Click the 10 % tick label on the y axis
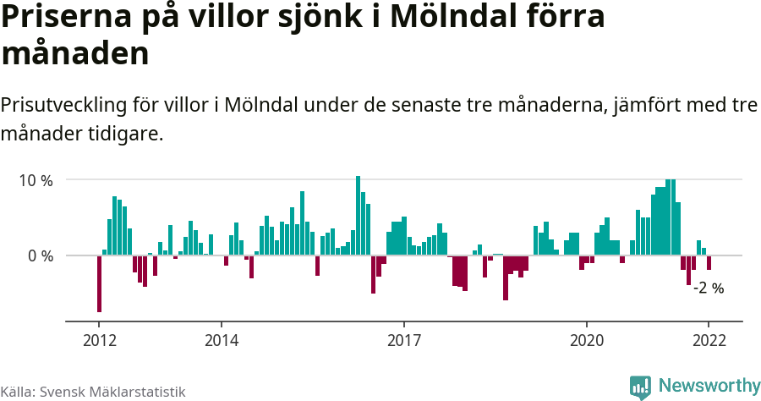coord(36,180)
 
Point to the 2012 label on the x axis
coord(99,340)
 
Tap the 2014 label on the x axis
coord(221,340)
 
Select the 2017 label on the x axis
coord(404,340)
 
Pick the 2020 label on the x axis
coord(587,340)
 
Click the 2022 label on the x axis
coord(709,340)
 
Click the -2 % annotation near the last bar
coord(709,288)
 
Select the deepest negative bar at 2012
coord(99,283)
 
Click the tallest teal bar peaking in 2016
coord(359,216)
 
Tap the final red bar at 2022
coord(709,262)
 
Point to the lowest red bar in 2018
coord(506,277)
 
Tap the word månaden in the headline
coord(75,53)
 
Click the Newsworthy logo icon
coord(641,387)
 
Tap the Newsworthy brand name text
coord(709,386)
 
